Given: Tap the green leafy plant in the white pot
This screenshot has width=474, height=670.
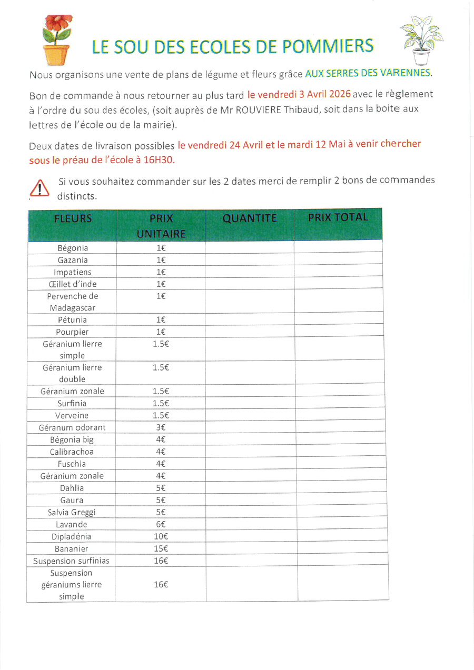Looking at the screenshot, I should pyautogui.click(x=422, y=39).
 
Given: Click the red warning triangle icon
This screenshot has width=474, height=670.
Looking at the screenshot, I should pyautogui.click(x=39, y=188).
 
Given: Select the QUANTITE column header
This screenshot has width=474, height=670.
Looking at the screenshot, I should pyautogui.click(x=250, y=218).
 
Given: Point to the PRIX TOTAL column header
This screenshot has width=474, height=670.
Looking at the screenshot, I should pyautogui.click(x=338, y=217).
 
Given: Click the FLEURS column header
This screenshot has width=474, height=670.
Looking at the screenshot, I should pyautogui.click(x=73, y=218).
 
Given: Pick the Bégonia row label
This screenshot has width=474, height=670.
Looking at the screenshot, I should pyautogui.click(x=73, y=248).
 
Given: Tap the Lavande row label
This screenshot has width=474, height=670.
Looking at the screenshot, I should pyautogui.click(x=72, y=524).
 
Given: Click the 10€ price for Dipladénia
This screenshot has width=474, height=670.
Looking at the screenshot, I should pyautogui.click(x=161, y=536).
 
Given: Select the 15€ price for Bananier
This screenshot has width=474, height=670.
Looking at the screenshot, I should pyautogui.click(x=161, y=548).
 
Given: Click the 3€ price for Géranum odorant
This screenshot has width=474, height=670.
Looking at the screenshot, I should pyautogui.click(x=161, y=427).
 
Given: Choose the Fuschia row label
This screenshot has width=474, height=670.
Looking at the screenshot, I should pyautogui.click(x=72, y=464).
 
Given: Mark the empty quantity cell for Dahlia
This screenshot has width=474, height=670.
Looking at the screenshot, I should pyautogui.click(x=250, y=488).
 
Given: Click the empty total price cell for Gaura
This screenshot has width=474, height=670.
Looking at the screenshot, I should pyautogui.click(x=341, y=500).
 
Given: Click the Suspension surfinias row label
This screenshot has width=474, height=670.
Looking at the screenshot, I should pyautogui.click(x=72, y=561).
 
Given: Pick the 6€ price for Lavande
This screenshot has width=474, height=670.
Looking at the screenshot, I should pyautogui.click(x=161, y=524).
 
